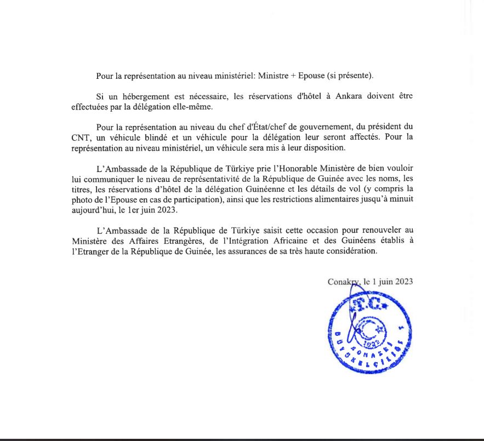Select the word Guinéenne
[x=259, y=189]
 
